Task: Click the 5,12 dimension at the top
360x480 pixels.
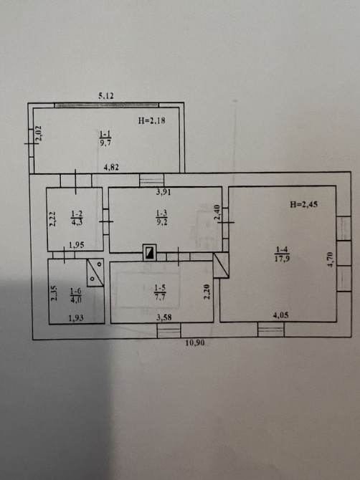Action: point(106,96)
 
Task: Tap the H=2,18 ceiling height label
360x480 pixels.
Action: point(151,120)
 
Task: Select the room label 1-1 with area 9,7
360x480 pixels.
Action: point(105,138)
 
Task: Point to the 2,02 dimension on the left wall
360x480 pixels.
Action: point(39,134)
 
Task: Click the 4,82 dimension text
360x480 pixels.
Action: point(111,167)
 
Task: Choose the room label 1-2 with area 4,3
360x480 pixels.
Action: point(77,218)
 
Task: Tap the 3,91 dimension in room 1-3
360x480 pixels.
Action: point(164,192)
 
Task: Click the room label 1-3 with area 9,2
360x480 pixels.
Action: point(162,217)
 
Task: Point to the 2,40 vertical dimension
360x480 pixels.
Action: point(217,213)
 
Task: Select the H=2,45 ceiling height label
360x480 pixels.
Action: point(303,204)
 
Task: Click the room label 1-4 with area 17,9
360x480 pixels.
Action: point(282,254)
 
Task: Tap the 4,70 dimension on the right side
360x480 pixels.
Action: point(331,259)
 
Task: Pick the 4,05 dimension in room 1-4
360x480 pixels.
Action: point(280,315)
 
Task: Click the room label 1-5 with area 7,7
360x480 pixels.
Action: point(160,292)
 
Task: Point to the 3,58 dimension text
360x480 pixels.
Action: point(164,317)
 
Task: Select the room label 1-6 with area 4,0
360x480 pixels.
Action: point(76,295)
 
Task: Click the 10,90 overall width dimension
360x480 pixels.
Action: point(195,342)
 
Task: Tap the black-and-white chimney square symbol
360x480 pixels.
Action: point(149,253)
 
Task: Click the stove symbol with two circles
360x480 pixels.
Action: point(95,272)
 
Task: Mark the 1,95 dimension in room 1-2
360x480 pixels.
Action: point(77,245)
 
